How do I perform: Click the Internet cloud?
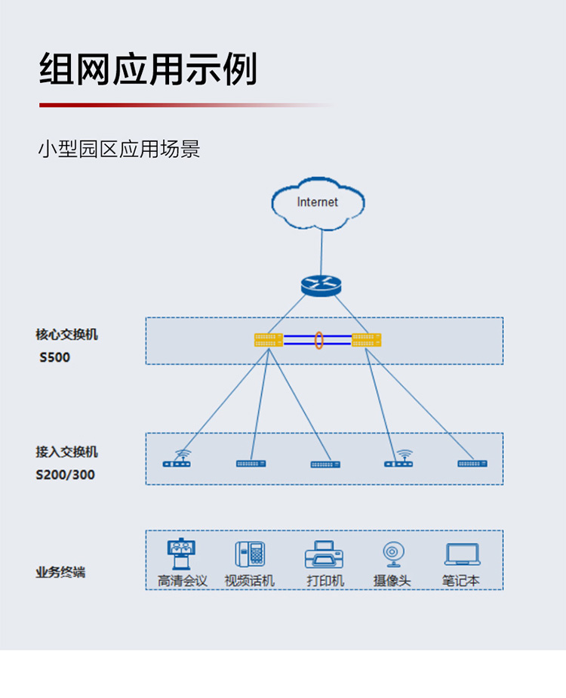[318, 203]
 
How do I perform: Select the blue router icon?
[321, 286]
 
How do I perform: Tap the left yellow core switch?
[269, 340]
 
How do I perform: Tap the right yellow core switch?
[366, 340]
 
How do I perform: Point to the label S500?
[54, 357]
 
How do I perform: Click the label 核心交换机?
[66, 335]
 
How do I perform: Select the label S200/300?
[66, 475]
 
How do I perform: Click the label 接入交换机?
[66, 452]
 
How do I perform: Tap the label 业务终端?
[60, 572]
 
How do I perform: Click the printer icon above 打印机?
[324, 554]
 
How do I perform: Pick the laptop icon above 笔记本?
[463, 554]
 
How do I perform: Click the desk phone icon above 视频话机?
[250, 554]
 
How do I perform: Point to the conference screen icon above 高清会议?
[181, 554]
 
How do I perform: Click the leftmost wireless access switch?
[177, 459]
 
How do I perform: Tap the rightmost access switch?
[472, 463]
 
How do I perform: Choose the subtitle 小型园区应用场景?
[119, 149]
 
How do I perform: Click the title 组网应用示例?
[149, 69]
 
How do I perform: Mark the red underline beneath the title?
[186, 105]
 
